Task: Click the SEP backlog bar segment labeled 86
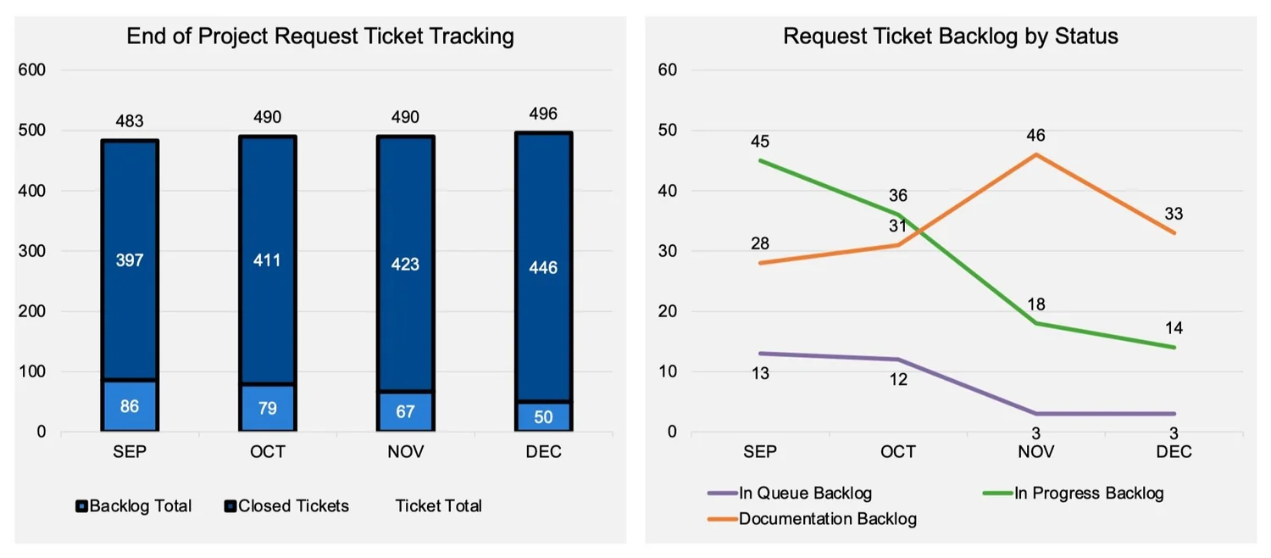[x=130, y=406]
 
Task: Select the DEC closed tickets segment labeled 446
[x=543, y=268]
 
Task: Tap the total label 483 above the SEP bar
[x=130, y=122]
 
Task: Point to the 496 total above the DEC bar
[x=543, y=114]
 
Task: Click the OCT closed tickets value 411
[x=267, y=259]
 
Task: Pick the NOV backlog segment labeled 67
[x=405, y=411]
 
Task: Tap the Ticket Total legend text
[x=438, y=506]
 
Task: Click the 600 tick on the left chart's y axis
[x=35, y=70]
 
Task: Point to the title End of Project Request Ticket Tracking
[x=320, y=36]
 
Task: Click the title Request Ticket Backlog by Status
[x=950, y=36]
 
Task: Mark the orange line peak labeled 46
[x=1035, y=136]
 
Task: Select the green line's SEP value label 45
[x=760, y=141]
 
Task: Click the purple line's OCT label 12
[x=897, y=379]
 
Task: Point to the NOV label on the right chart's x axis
[x=1035, y=452]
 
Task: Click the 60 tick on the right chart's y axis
[x=667, y=70]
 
